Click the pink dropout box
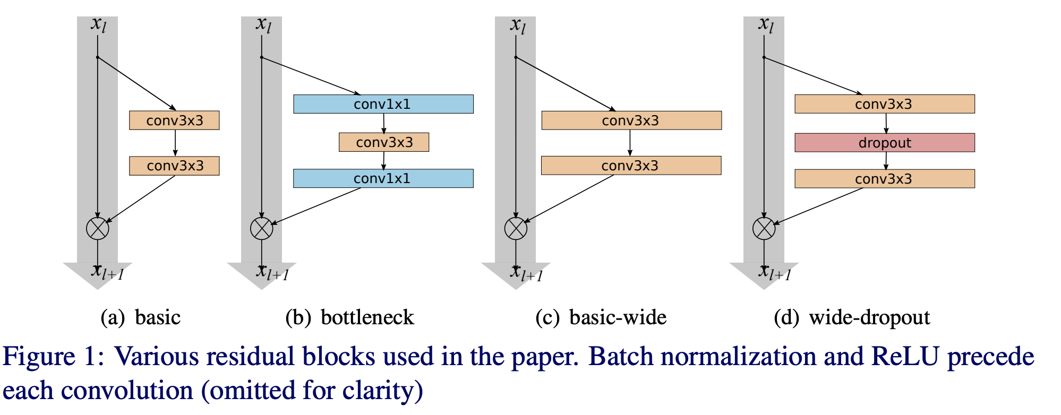pyautogui.click(x=884, y=143)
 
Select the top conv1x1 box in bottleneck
pyautogui.click(x=383, y=104)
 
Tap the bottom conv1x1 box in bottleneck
pyautogui.click(x=383, y=178)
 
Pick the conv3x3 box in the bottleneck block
pyautogui.click(x=384, y=142)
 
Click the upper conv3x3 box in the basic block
pyautogui.click(x=174, y=120)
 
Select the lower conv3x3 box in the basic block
pyautogui.click(x=174, y=166)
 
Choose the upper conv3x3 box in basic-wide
pyautogui.click(x=631, y=120)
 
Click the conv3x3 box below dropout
pyautogui.click(x=884, y=179)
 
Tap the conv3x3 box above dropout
pyautogui.click(x=884, y=104)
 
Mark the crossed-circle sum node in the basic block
pyautogui.click(x=98, y=229)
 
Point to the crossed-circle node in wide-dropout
pyautogui.click(x=764, y=229)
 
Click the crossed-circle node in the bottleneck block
pyautogui.click(x=261, y=229)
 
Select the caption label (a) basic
pyautogui.click(x=141, y=317)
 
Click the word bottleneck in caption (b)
pyautogui.click(x=367, y=317)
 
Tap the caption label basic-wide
pyautogui.click(x=618, y=317)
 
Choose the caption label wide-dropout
pyautogui.click(x=869, y=317)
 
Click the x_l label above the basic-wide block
pyautogui.click(x=518, y=25)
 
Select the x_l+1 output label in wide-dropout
pyautogui.click(x=775, y=272)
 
